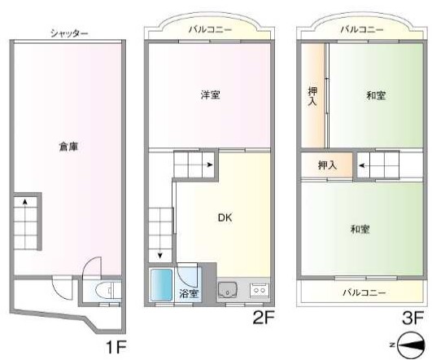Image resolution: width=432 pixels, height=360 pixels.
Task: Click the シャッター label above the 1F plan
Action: (69, 33)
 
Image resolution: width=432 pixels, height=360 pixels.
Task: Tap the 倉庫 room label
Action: (68, 147)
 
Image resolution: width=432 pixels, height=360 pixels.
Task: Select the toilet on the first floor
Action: (107, 291)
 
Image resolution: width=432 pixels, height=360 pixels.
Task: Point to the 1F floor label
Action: (116, 347)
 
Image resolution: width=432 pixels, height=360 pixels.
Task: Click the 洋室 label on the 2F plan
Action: (210, 95)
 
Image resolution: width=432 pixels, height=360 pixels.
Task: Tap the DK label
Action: (225, 218)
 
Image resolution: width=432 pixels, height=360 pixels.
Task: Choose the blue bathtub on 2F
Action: (161, 285)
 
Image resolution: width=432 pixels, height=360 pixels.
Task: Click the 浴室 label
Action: (189, 293)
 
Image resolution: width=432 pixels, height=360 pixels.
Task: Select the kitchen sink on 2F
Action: (227, 291)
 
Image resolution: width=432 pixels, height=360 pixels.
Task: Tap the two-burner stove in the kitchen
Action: (260, 290)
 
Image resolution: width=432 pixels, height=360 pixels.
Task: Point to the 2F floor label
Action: (264, 318)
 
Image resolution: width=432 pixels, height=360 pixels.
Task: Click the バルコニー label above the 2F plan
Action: (210, 29)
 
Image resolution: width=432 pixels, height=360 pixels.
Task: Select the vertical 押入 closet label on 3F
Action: (312, 96)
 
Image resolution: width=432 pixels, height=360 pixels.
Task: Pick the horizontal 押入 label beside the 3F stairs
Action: (327, 165)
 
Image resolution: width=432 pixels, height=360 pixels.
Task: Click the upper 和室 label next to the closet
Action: (376, 95)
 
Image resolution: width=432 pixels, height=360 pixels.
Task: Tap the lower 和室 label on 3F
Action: (360, 229)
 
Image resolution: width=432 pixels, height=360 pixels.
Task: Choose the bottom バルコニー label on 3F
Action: (364, 292)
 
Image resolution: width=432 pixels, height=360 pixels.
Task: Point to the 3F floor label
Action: (412, 318)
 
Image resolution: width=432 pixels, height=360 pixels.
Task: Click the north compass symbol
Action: (410, 345)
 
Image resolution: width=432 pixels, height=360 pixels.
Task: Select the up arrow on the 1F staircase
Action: (25, 202)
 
